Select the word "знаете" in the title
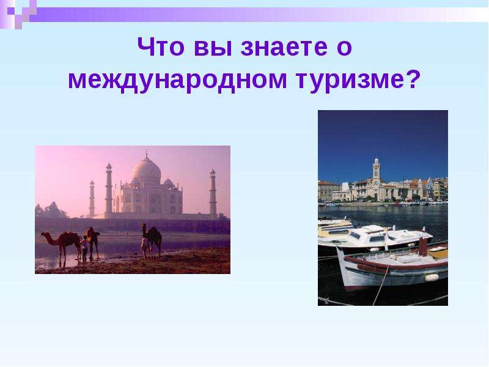284,49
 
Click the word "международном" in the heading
177,81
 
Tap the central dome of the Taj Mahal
146,170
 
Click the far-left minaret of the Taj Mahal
92,198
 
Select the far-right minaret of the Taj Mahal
213,193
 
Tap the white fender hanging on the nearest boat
432,277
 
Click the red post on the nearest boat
422,246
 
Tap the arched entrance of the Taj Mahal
155,203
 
